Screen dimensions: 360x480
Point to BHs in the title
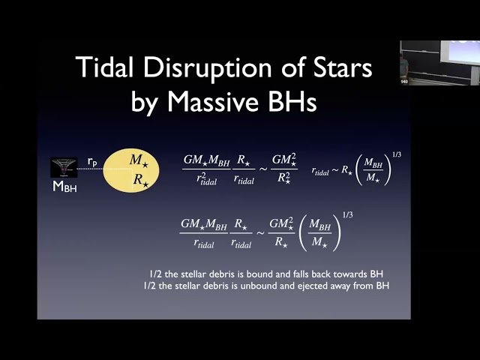(289, 101)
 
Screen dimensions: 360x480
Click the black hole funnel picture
(64, 167)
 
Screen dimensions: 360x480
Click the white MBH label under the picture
(64, 187)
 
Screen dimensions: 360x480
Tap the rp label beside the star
(91, 161)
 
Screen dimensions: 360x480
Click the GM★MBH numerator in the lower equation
(205, 223)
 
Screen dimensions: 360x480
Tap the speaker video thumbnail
(439, 62)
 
